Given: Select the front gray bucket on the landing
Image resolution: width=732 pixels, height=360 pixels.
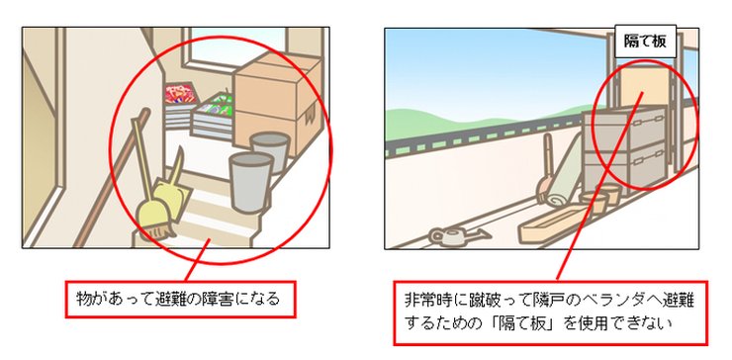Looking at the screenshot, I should [251, 180].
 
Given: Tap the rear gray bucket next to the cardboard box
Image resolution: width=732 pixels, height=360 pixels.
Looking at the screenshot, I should [269, 149].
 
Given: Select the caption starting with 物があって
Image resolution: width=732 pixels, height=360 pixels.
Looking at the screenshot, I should [180, 297].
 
